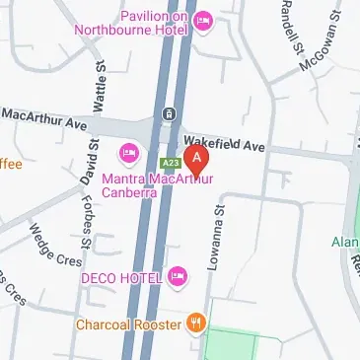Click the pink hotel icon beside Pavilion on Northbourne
204,20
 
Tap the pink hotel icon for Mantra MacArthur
128,153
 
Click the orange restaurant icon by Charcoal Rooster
196,323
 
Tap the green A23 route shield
169,162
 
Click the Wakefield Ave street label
226,144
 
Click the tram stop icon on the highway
170,112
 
